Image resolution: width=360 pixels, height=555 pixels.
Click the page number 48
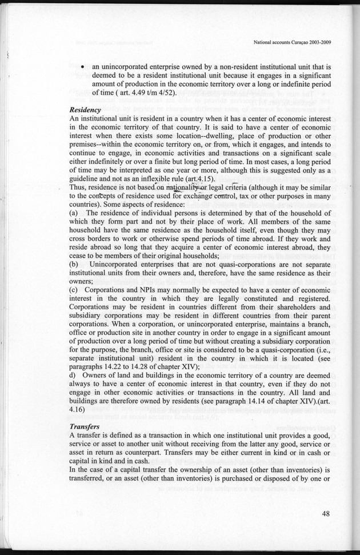pos(325,513)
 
